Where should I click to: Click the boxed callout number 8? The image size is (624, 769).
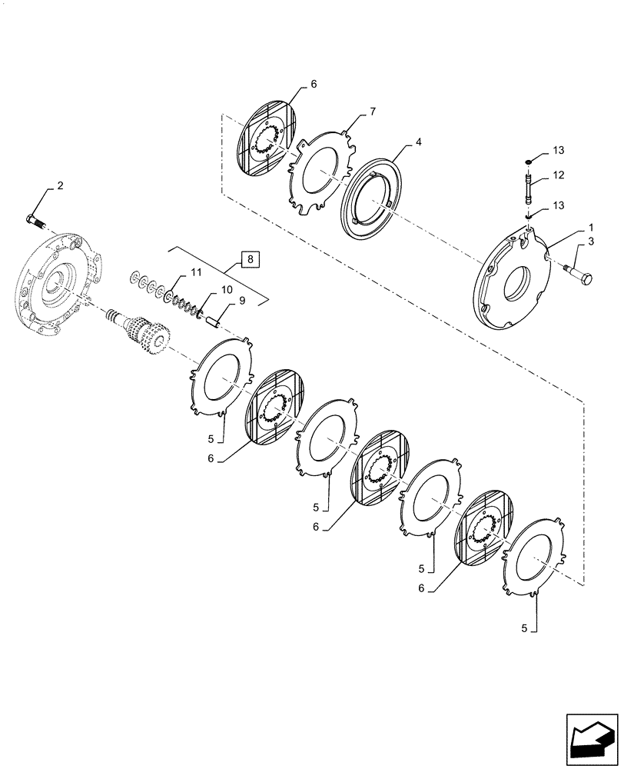click(251, 258)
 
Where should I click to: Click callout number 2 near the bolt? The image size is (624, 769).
click(58, 187)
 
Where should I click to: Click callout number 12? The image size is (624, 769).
click(558, 175)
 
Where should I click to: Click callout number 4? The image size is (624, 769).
click(419, 142)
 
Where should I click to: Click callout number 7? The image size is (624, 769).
click(372, 112)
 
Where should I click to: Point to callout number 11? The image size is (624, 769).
click(197, 272)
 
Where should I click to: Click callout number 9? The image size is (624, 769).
click(241, 301)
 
